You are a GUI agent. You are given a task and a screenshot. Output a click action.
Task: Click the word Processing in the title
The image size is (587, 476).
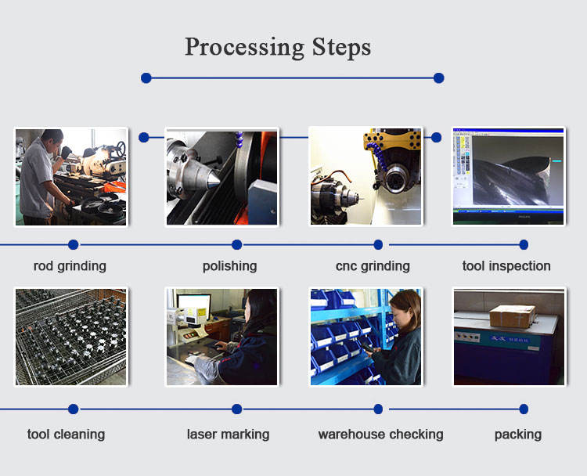[x=244, y=48]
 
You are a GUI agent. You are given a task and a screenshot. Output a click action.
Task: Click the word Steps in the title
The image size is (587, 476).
[x=341, y=47]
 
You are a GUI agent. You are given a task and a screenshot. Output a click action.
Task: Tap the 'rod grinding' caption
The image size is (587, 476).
[x=70, y=266]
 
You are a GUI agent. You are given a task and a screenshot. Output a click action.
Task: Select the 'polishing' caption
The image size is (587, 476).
[x=229, y=266]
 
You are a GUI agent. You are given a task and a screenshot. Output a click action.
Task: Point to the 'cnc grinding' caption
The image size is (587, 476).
[x=373, y=266]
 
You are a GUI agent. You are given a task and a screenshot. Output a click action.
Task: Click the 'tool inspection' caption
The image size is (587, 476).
[x=506, y=266]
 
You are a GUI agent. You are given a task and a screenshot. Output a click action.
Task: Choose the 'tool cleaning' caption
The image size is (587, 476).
[x=67, y=435]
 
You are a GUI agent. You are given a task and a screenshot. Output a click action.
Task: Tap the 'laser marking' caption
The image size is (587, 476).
[x=229, y=435]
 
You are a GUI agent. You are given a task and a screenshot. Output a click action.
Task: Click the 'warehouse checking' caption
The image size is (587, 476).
[x=380, y=435]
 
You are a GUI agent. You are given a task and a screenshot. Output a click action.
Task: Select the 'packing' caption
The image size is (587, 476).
[x=518, y=435]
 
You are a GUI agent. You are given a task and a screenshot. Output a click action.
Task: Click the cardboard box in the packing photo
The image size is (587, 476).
[x=513, y=316]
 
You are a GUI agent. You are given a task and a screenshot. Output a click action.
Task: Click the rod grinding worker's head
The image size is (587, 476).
[x=52, y=139]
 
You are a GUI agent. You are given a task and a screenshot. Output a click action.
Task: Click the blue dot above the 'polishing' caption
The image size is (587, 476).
[x=236, y=244]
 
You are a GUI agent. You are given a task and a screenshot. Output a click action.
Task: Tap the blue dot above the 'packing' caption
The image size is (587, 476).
[x=524, y=409]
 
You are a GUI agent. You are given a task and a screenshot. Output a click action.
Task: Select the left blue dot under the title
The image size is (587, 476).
[x=146, y=78]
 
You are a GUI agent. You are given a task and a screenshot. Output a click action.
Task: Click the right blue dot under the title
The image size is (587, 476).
[x=439, y=78]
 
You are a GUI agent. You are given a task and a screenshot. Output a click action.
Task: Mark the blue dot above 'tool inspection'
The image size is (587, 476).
[x=524, y=244]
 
